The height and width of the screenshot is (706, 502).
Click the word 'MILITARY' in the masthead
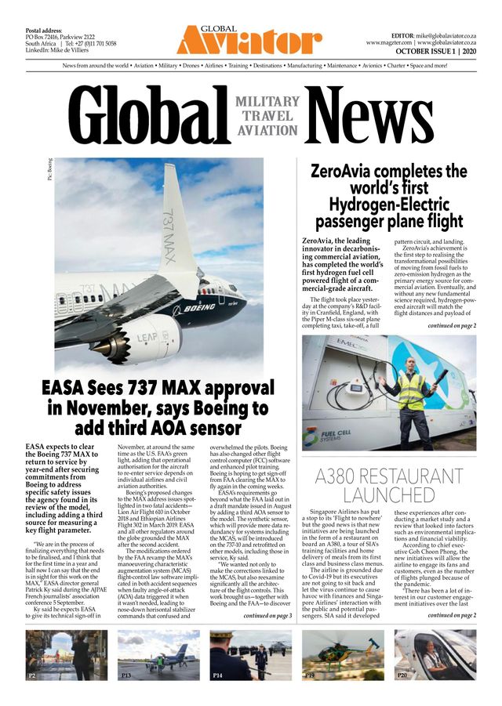point(267,102)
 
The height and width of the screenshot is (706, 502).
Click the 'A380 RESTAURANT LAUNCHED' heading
point(388,486)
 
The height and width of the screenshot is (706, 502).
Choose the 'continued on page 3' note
point(267,617)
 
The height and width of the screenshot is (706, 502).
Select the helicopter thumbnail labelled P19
point(342,654)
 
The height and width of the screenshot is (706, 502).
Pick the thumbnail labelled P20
point(435,654)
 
